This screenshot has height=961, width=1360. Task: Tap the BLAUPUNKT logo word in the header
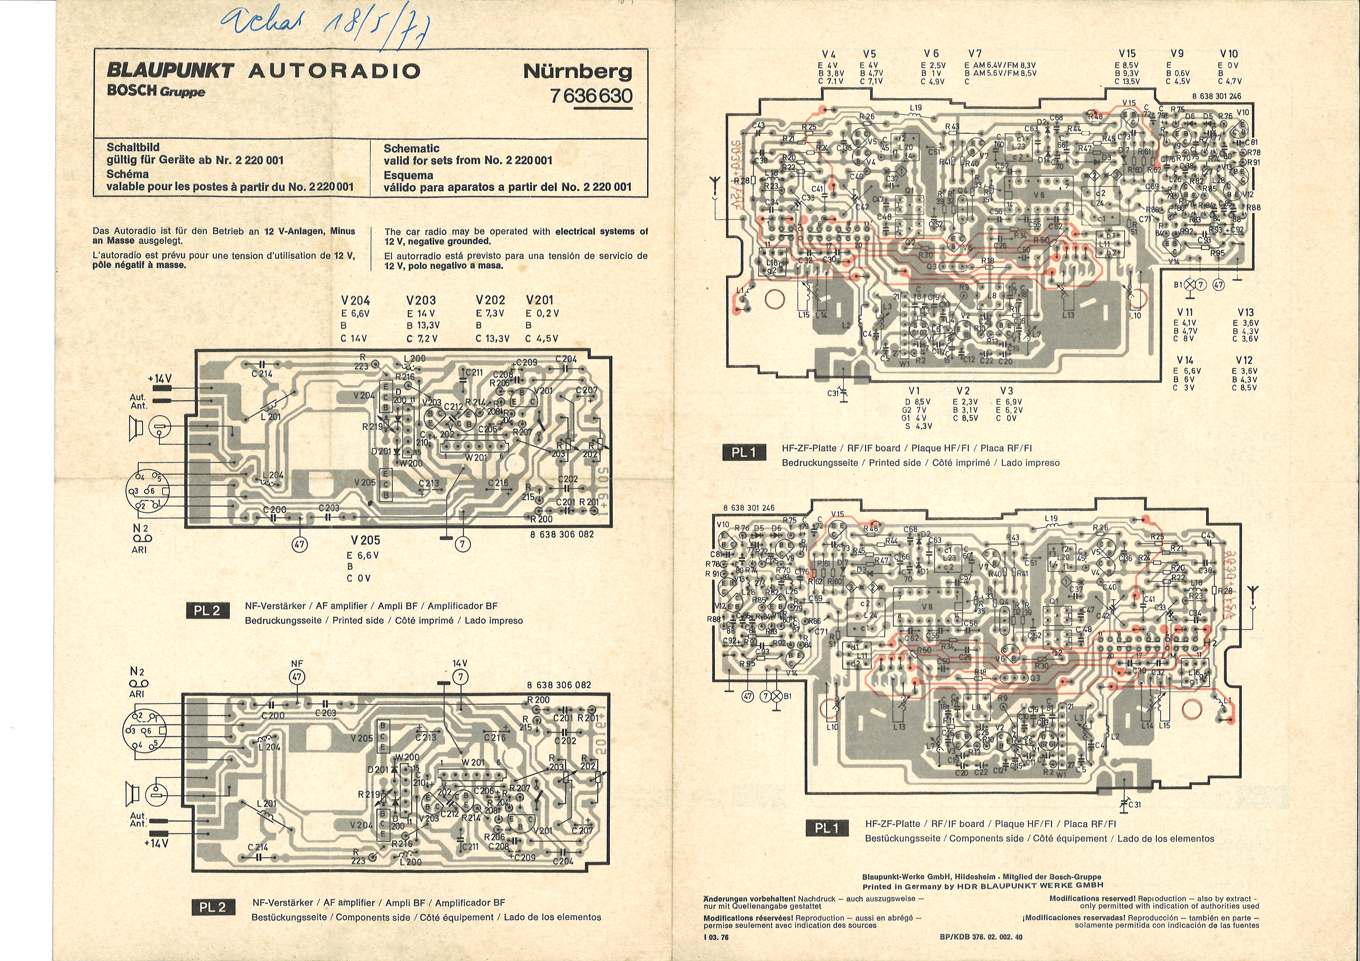tap(170, 70)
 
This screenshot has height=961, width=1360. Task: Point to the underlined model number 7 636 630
tap(591, 95)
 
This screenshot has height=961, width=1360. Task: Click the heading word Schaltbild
tap(133, 147)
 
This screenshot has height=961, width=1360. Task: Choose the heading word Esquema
tap(408, 175)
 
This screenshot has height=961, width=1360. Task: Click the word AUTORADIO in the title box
tap(334, 71)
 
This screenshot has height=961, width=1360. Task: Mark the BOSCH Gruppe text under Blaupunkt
tap(156, 91)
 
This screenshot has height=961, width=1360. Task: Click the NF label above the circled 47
tap(297, 664)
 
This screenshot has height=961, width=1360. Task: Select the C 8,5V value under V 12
tap(1244, 388)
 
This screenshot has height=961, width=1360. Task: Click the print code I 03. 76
tap(717, 937)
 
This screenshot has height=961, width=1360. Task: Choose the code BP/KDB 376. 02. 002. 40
tap(981, 937)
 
